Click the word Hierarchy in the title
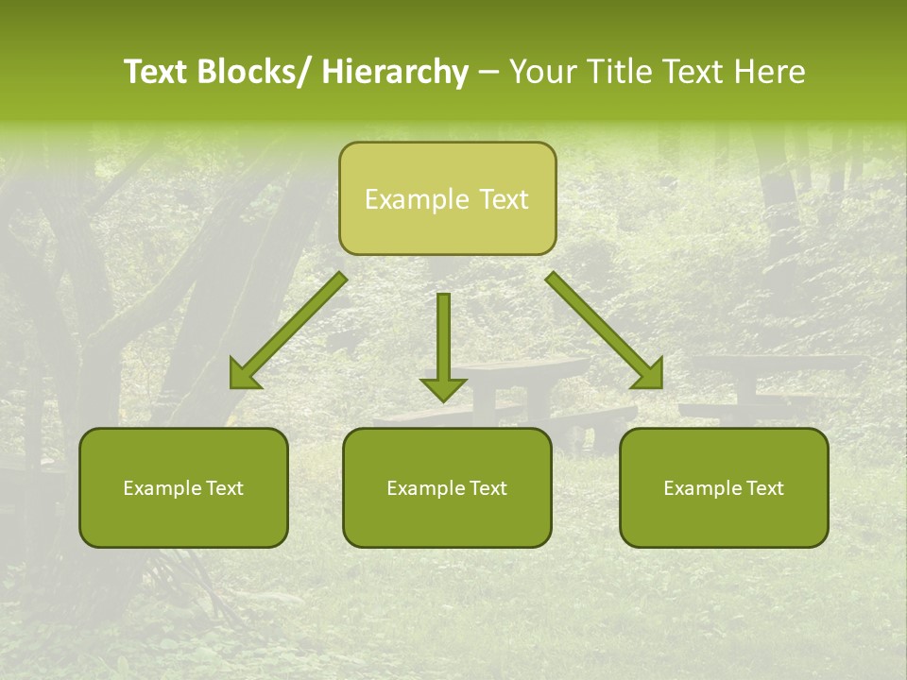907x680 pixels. pyautogui.click(x=394, y=72)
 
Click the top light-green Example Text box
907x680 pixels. pyautogui.click(x=447, y=198)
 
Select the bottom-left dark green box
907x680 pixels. pyautogui.click(x=183, y=487)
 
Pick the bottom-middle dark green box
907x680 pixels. pyautogui.click(x=447, y=487)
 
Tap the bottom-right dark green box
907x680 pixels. pyautogui.click(x=724, y=487)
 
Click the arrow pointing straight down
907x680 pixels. pyautogui.click(x=443, y=340)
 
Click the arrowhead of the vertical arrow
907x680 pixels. pyautogui.click(x=443, y=388)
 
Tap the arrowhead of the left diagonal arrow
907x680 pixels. pyautogui.click(x=244, y=375)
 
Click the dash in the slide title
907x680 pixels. pyautogui.click(x=488, y=73)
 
